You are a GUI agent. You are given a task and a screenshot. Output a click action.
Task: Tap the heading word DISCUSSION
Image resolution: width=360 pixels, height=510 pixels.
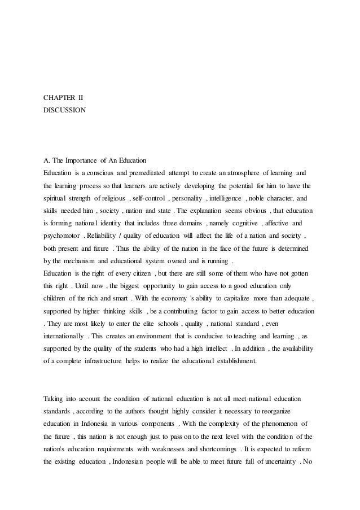[65, 111]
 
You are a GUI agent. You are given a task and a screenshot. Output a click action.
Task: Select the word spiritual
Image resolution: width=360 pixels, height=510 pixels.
[59, 198]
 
